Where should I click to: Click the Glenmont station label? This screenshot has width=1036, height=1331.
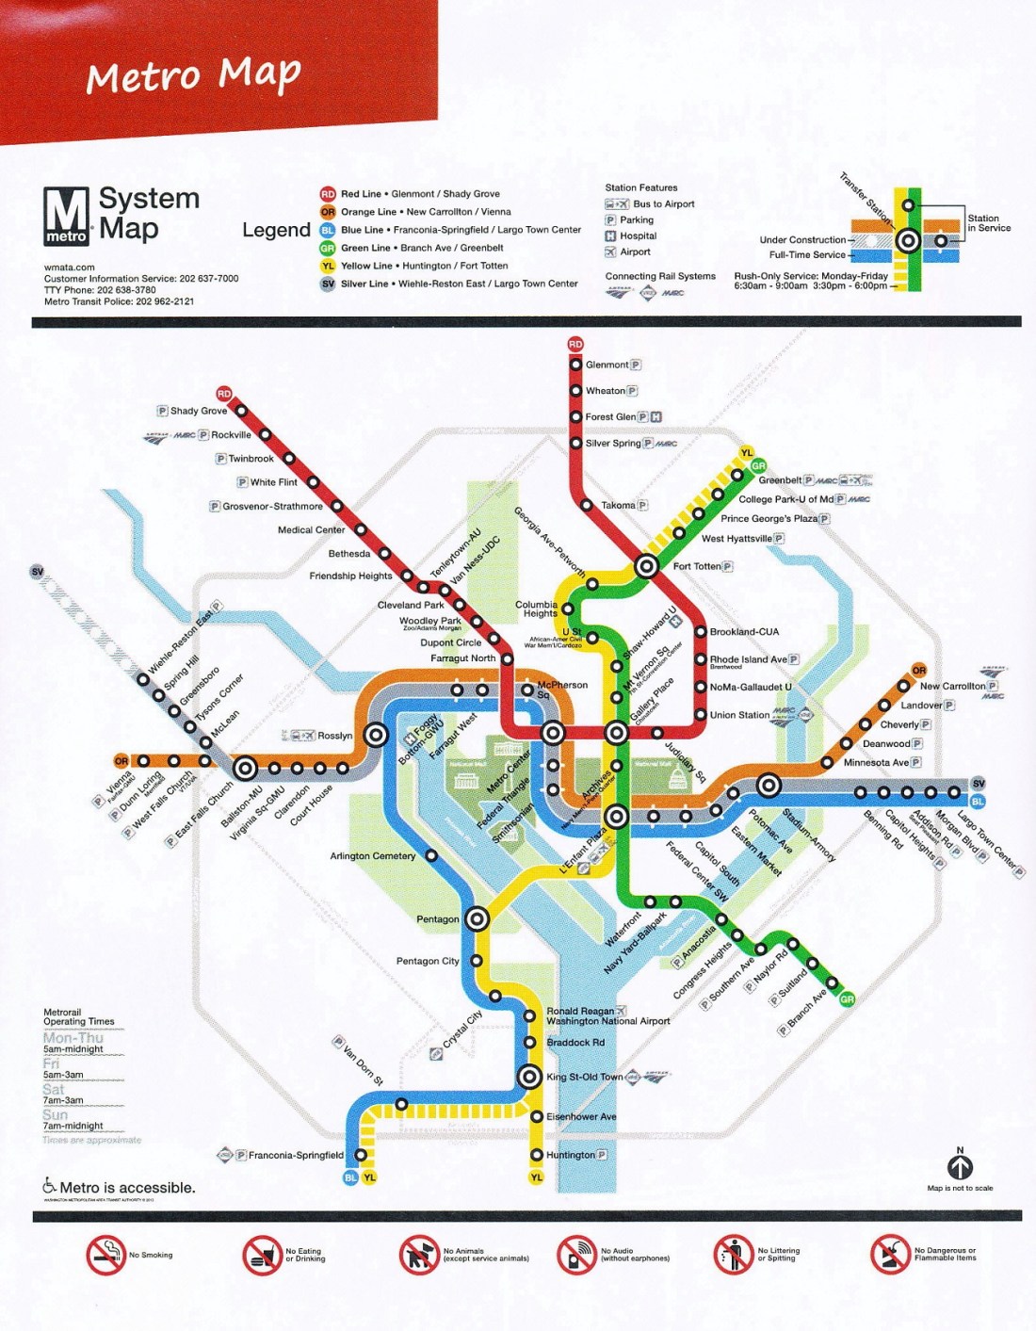pos(607,365)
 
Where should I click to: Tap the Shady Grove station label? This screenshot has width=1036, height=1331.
pos(198,411)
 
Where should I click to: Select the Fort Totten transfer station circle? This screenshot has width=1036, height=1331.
pos(646,566)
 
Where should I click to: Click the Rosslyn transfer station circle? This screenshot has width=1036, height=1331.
pos(376,735)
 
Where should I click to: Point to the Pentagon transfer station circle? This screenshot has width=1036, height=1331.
pos(477,918)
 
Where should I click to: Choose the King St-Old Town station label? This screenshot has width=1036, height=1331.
pos(584,1077)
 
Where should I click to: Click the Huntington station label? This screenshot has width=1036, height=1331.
pos(571,1155)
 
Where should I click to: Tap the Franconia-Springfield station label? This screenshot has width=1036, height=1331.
pos(296,1155)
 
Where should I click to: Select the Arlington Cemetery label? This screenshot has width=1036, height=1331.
pos(372,856)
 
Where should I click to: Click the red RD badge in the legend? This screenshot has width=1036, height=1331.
pos(327,194)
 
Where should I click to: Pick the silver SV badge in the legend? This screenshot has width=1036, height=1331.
pos(327,284)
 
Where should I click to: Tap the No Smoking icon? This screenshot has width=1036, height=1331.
pos(106,1256)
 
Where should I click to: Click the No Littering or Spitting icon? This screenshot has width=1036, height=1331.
pos(733,1255)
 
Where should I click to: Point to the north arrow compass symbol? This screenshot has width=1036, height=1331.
pos(960,1167)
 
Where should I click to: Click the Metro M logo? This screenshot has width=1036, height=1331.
pos(67,216)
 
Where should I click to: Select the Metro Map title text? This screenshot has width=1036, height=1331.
pos(194,75)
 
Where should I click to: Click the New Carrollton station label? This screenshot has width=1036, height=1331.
pos(952,686)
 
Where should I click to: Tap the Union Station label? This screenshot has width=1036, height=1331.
pos(739,715)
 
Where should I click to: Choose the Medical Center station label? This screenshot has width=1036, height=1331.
pos(311,530)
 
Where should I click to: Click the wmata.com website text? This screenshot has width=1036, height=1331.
pos(70,268)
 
